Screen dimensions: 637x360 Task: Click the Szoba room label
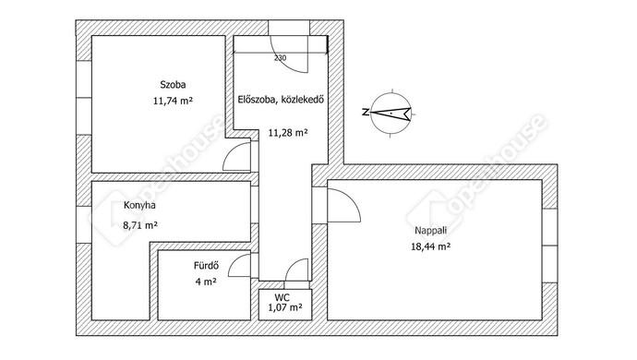click(x=173, y=85)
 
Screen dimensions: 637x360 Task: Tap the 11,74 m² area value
click(x=173, y=101)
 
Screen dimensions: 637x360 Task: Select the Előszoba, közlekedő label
click(x=281, y=99)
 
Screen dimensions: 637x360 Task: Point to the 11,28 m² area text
click(x=288, y=132)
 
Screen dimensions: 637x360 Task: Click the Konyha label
click(x=139, y=205)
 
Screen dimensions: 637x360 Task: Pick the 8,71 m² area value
click(x=140, y=225)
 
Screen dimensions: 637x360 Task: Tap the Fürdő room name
click(x=207, y=266)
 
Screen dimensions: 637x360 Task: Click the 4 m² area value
click(x=206, y=282)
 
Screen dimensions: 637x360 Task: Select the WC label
click(x=282, y=298)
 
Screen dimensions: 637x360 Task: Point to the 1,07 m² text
click(x=285, y=307)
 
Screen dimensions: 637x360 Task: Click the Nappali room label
click(x=430, y=231)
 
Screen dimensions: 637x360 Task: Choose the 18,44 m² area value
click(x=430, y=246)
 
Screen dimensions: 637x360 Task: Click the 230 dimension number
click(x=280, y=58)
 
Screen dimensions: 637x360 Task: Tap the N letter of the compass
click(x=366, y=113)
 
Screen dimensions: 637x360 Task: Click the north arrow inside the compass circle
click(x=392, y=113)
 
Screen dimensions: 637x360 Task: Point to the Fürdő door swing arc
click(x=237, y=261)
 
